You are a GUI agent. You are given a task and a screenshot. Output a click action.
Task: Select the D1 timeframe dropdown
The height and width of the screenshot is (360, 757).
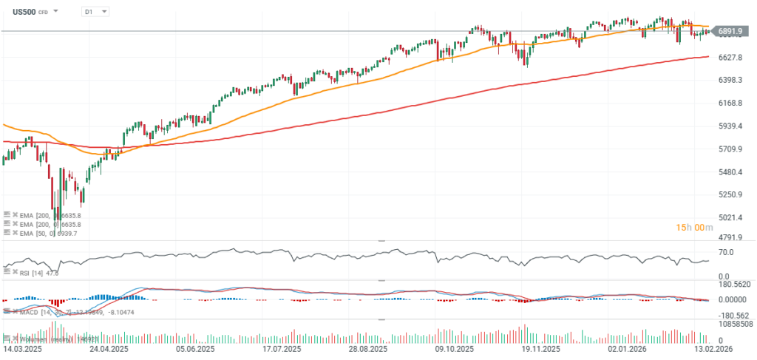point(94,12)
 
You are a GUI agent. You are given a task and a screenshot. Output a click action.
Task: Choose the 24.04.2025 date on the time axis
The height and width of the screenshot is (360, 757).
point(109,347)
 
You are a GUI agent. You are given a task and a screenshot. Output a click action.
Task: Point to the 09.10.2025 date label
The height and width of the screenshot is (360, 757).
point(455,347)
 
